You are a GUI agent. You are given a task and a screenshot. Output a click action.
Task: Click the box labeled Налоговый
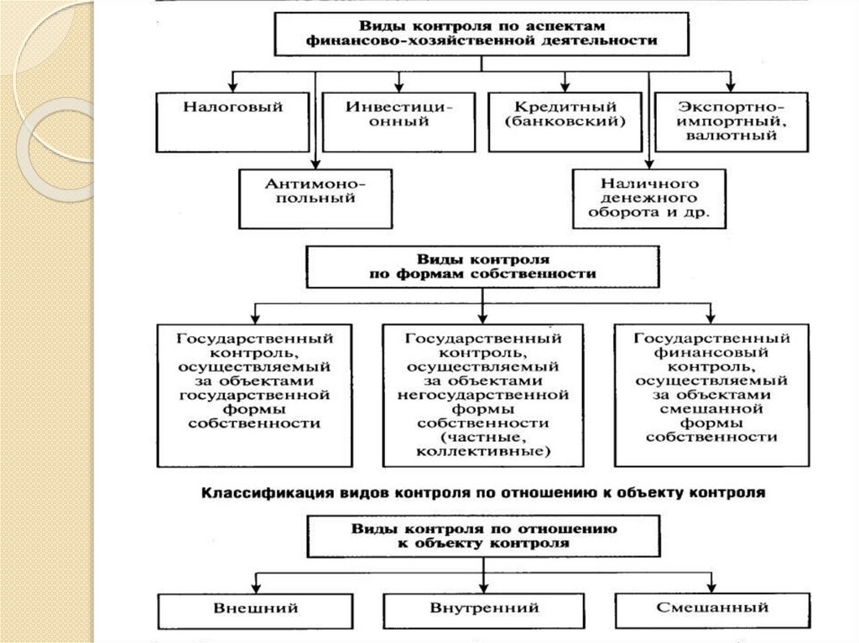tap(232, 121)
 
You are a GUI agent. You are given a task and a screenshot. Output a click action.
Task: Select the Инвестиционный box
tap(399, 121)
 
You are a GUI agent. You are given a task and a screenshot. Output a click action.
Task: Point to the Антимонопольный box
tap(315, 198)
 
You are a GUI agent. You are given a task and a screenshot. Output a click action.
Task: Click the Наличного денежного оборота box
tap(649, 198)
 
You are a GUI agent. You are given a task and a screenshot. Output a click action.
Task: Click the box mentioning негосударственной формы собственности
tap(482, 394)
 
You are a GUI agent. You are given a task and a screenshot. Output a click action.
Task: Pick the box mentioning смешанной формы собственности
tap(712, 394)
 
